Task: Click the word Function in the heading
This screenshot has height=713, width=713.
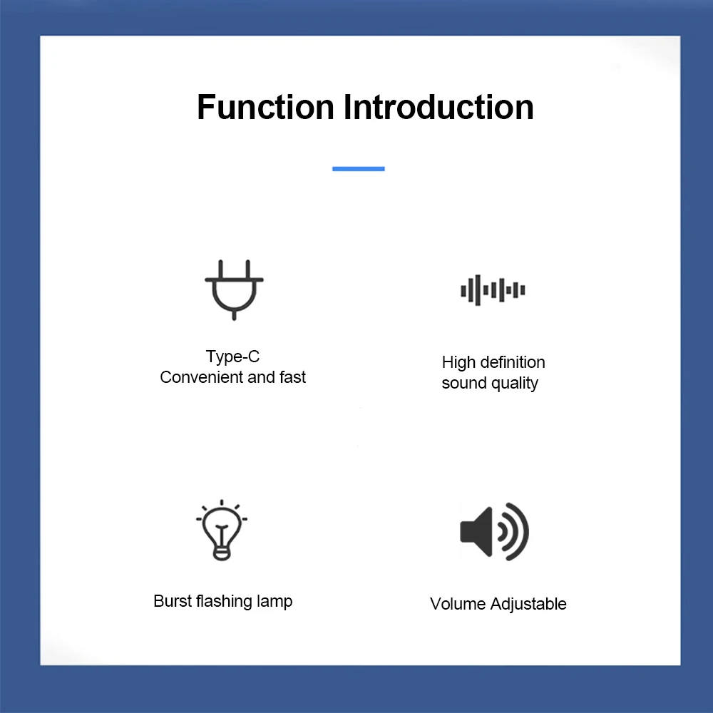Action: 265,108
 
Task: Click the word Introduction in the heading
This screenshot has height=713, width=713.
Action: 438,108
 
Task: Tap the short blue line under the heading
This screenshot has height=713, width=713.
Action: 359,169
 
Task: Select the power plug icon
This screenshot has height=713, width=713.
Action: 234,289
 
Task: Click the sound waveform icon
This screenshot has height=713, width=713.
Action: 493,290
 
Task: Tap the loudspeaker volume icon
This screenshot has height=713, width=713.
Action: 494,532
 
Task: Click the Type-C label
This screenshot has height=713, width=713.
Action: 233,356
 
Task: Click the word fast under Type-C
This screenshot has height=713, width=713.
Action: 293,378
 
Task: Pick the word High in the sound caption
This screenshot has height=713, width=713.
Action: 458,362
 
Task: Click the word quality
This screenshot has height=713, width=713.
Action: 515,384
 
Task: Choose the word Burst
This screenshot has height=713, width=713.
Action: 173,601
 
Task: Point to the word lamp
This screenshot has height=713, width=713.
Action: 275,602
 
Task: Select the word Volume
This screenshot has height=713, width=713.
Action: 457,604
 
